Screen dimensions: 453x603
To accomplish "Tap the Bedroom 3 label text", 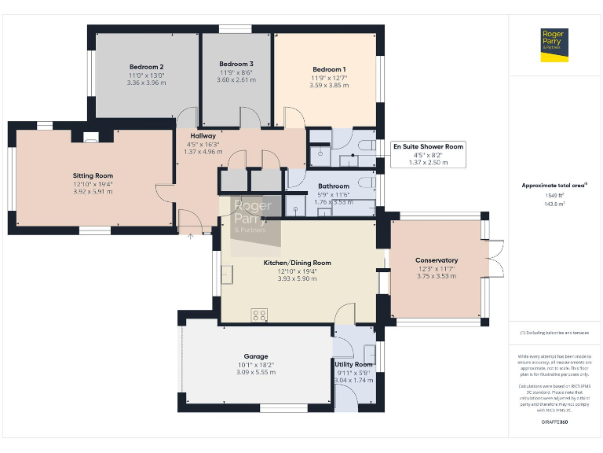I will (236, 64).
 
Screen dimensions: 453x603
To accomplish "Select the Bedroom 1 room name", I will (328, 69).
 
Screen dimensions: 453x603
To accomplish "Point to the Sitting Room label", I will (93, 175).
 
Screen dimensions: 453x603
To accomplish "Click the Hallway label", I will (203, 136).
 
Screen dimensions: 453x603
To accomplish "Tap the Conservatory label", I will (437, 260).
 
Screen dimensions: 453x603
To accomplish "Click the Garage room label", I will (255, 356).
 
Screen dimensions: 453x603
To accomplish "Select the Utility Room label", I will (353, 365).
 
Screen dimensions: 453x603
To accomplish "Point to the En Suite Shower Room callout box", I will (428, 154).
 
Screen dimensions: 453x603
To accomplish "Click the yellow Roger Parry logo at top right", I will (554, 44).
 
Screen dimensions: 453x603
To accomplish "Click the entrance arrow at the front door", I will (189, 233).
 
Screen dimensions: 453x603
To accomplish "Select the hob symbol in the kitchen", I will (259, 315).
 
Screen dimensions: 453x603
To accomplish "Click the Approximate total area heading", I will (554, 186).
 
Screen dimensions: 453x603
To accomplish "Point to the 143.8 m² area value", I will (554, 203).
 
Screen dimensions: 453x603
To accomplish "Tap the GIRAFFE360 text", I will (554, 422).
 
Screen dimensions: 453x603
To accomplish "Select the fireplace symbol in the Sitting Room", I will (91, 139).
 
